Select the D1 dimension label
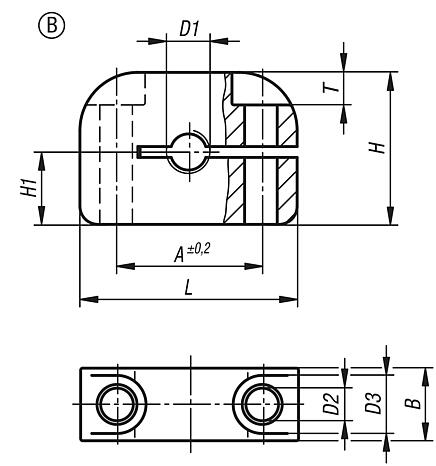(x=187, y=28)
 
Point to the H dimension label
(x=376, y=149)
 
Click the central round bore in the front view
(x=187, y=151)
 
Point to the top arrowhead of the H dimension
(x=388, y=76)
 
